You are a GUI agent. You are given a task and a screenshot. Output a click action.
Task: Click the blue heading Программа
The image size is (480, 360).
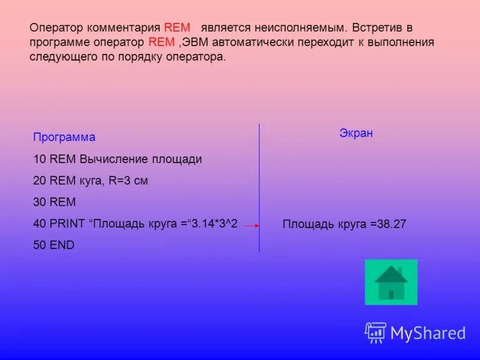click(x=64, y=137)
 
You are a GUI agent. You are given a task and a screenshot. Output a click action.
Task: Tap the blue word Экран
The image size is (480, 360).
click(x=356, y=133)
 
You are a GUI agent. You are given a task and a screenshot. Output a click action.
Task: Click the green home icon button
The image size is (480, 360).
click(x=391, y=282)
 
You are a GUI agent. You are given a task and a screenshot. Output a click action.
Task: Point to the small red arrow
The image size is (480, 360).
click(x=251, y=226)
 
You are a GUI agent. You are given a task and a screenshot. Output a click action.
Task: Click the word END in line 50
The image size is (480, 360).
click(x=62, y=245)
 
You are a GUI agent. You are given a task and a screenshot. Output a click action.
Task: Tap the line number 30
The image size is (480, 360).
click(x=40, y=202)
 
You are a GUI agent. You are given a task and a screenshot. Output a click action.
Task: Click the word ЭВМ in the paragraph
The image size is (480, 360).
click(x=196, y=43)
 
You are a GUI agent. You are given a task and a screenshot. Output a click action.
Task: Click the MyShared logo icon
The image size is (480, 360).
click(x=376, y=332)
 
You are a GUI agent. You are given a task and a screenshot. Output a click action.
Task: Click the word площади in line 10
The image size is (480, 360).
click(x=177, y=159)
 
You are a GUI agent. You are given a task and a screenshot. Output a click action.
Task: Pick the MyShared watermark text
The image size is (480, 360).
click(x=428, y=333)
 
